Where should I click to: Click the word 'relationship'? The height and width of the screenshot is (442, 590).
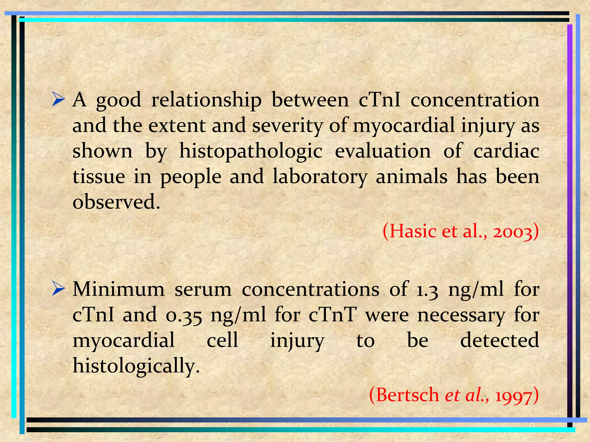(206, 100)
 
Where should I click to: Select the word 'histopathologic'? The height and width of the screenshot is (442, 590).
(251, 152)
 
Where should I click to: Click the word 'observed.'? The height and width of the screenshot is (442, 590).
(116, 202)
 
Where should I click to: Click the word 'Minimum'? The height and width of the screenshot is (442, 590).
(118, 289)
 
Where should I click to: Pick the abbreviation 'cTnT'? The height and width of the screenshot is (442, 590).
(332, 315)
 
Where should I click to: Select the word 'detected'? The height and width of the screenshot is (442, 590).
(500, 340)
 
